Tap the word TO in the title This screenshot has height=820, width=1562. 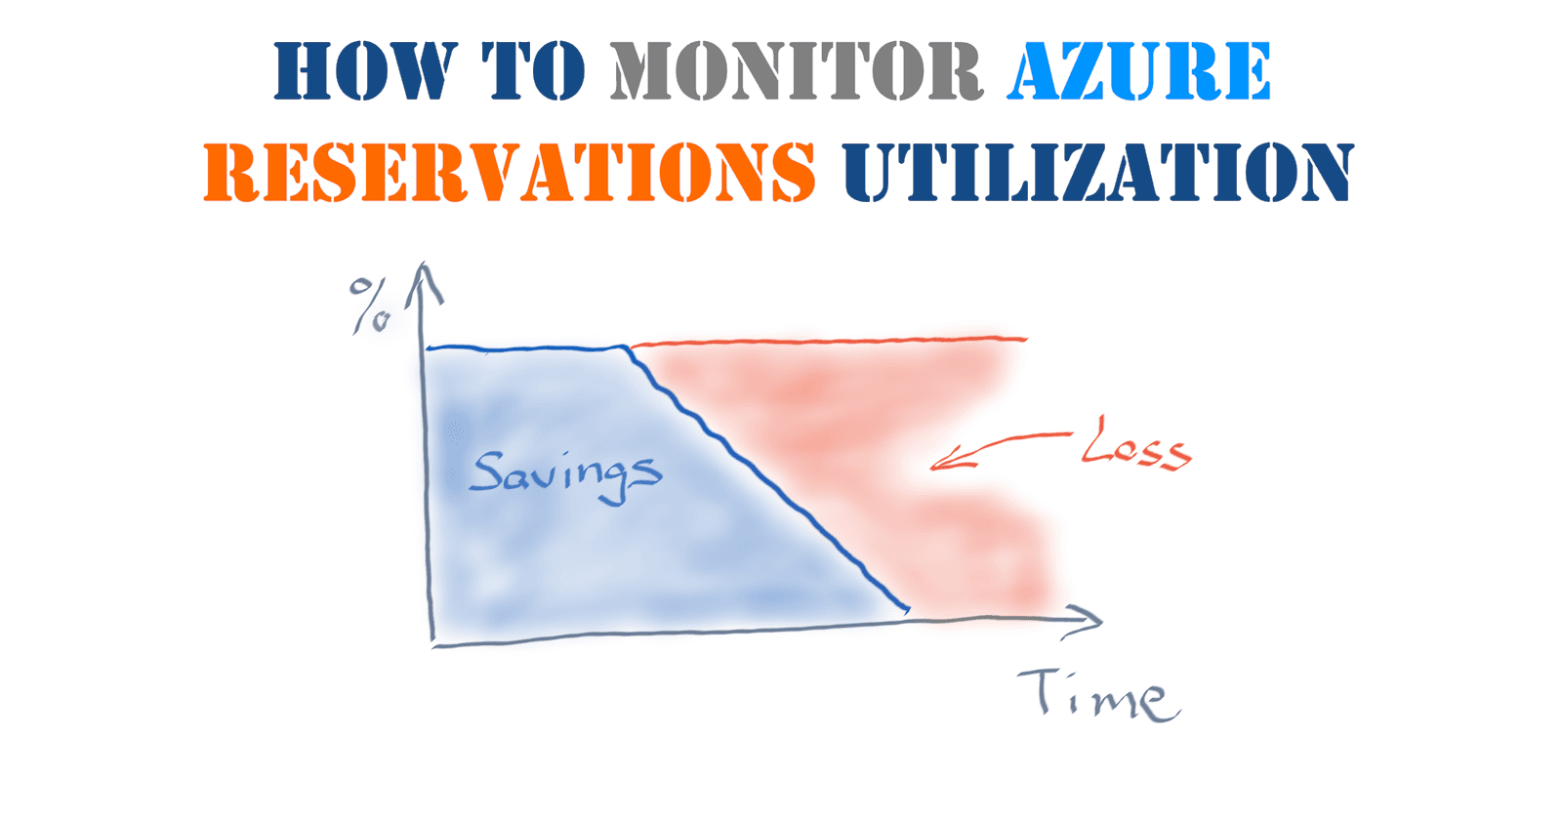click(534, 71)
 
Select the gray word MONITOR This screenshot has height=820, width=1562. click(796, 71)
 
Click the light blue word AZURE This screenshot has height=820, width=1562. click(1138, 71)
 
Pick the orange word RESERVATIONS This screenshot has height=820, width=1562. click(510, 172)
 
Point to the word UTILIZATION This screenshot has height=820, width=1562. click(1098, 172)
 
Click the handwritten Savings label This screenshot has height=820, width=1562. click(564, 473)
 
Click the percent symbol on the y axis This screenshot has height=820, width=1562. click(370, 306)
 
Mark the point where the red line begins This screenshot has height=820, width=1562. click(631, 346)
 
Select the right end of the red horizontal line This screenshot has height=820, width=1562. click(1025, 339)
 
